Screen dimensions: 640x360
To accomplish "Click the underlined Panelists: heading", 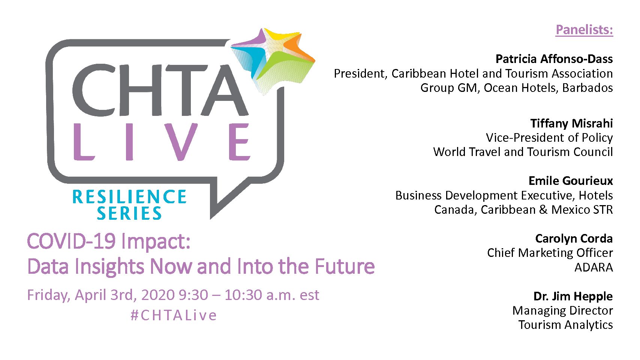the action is click(584, 30).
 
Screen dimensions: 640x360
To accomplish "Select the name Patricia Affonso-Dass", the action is click(554, 59).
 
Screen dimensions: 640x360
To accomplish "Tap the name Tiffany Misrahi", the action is click(571, 123).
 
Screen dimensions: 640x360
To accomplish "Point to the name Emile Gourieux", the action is click(571, 181).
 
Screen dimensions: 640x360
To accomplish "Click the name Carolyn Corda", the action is click(574, 238).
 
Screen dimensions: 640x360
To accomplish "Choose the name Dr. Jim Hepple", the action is click(573, 296).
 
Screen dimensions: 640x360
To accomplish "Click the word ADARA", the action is click(594, 267).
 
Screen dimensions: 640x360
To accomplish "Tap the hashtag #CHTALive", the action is click(174, 315).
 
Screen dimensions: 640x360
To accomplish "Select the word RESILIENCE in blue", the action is click(129, 197).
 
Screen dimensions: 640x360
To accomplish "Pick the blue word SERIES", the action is click(129, 213).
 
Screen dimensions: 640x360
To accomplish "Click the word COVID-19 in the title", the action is click(72, 241).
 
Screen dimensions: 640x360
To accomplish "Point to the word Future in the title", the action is click(345, 266).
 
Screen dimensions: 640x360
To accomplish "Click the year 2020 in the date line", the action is click(158, 295).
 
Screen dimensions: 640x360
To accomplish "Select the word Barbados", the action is click(588, 88).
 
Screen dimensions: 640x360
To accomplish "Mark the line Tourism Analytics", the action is click(566, 325).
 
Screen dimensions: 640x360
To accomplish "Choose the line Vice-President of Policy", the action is click(549, 138).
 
